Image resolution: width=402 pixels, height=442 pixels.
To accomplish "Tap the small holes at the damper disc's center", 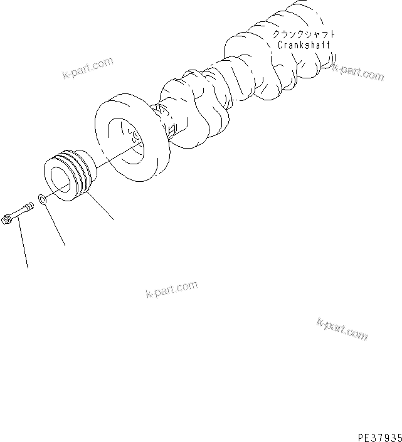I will click(x=134, y=134).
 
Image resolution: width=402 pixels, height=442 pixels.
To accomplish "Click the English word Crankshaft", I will click(x=304, y=46).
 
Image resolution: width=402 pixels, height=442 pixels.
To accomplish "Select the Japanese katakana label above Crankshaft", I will click(x=304, y=35).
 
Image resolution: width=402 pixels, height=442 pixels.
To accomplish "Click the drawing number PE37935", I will click(x=375, y=434).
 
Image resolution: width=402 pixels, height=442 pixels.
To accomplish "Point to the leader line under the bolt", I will click(x=23, y=245).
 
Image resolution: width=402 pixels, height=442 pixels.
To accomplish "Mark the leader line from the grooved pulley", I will click(x=102, y=208).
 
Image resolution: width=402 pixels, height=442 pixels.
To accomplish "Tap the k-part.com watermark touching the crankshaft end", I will click(x=359, y=73).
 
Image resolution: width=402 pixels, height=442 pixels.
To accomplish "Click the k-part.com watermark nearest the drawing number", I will click(x=342, y=330).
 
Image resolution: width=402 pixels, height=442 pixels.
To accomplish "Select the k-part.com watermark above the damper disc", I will click(x=87, y=70).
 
